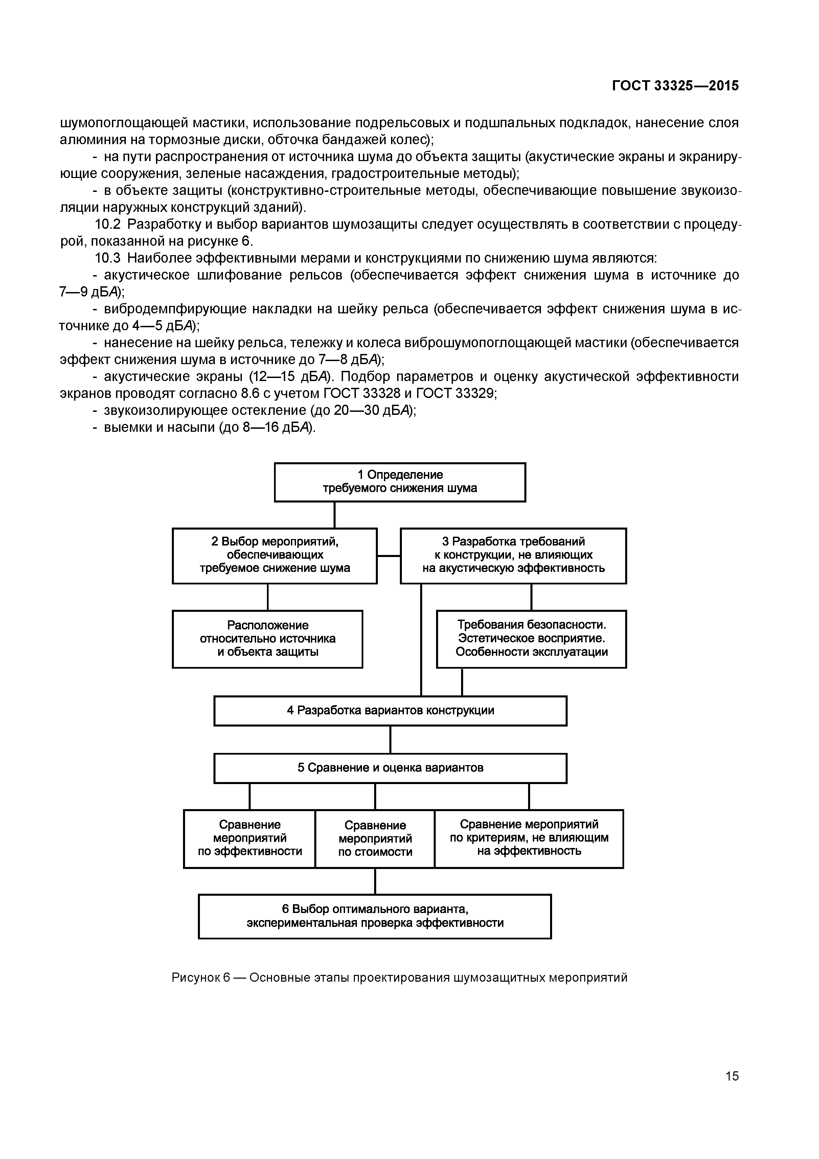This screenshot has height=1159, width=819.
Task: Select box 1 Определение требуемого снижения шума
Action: point(400,482)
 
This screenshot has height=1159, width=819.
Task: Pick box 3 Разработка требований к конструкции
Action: point(513,555)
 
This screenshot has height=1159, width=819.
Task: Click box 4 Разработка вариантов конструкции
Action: point(390,711)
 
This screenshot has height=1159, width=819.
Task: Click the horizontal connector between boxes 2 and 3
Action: point(389,556)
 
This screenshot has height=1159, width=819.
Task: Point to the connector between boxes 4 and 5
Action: point(390,739)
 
